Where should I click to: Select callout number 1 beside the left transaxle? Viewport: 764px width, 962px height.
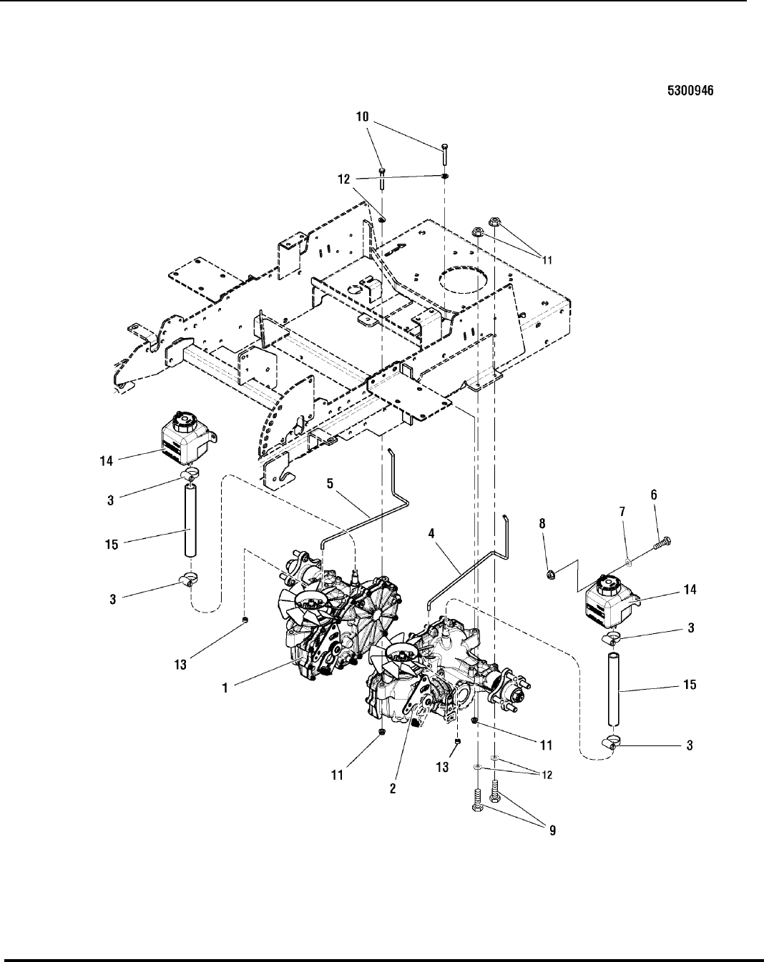(x=225, y=688)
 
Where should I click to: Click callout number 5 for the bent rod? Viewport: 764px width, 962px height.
(x=329, y=484)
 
